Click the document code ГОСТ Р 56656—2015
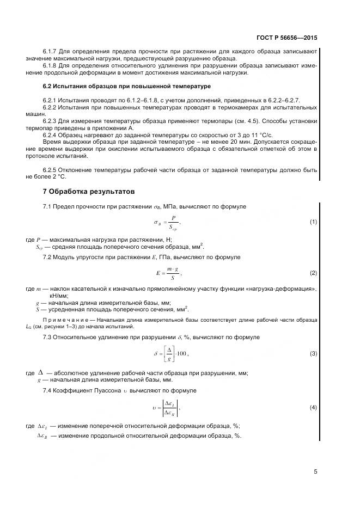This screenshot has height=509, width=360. click(x=286, y=38)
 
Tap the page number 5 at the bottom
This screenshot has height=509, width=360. click(x=315, y=471)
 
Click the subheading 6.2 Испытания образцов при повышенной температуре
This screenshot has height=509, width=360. click(x=126, y=87)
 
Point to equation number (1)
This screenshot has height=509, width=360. click(x=313, y=222)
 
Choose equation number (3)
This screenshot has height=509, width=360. click(x=313, y=354)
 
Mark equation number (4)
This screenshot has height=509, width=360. click(x=313, y=407)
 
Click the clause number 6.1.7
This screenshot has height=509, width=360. click(x=51, y=52)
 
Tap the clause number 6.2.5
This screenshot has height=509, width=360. click(x=51, y=170)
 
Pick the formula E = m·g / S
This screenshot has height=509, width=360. click(x=168, y=273)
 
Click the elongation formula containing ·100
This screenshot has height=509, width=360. click(x=171, y=354)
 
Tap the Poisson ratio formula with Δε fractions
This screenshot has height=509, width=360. click(x=169, y=407)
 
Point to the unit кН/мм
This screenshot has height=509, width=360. click(x=58, y=295)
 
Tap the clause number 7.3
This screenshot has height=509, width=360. click(x=48, y=338)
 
